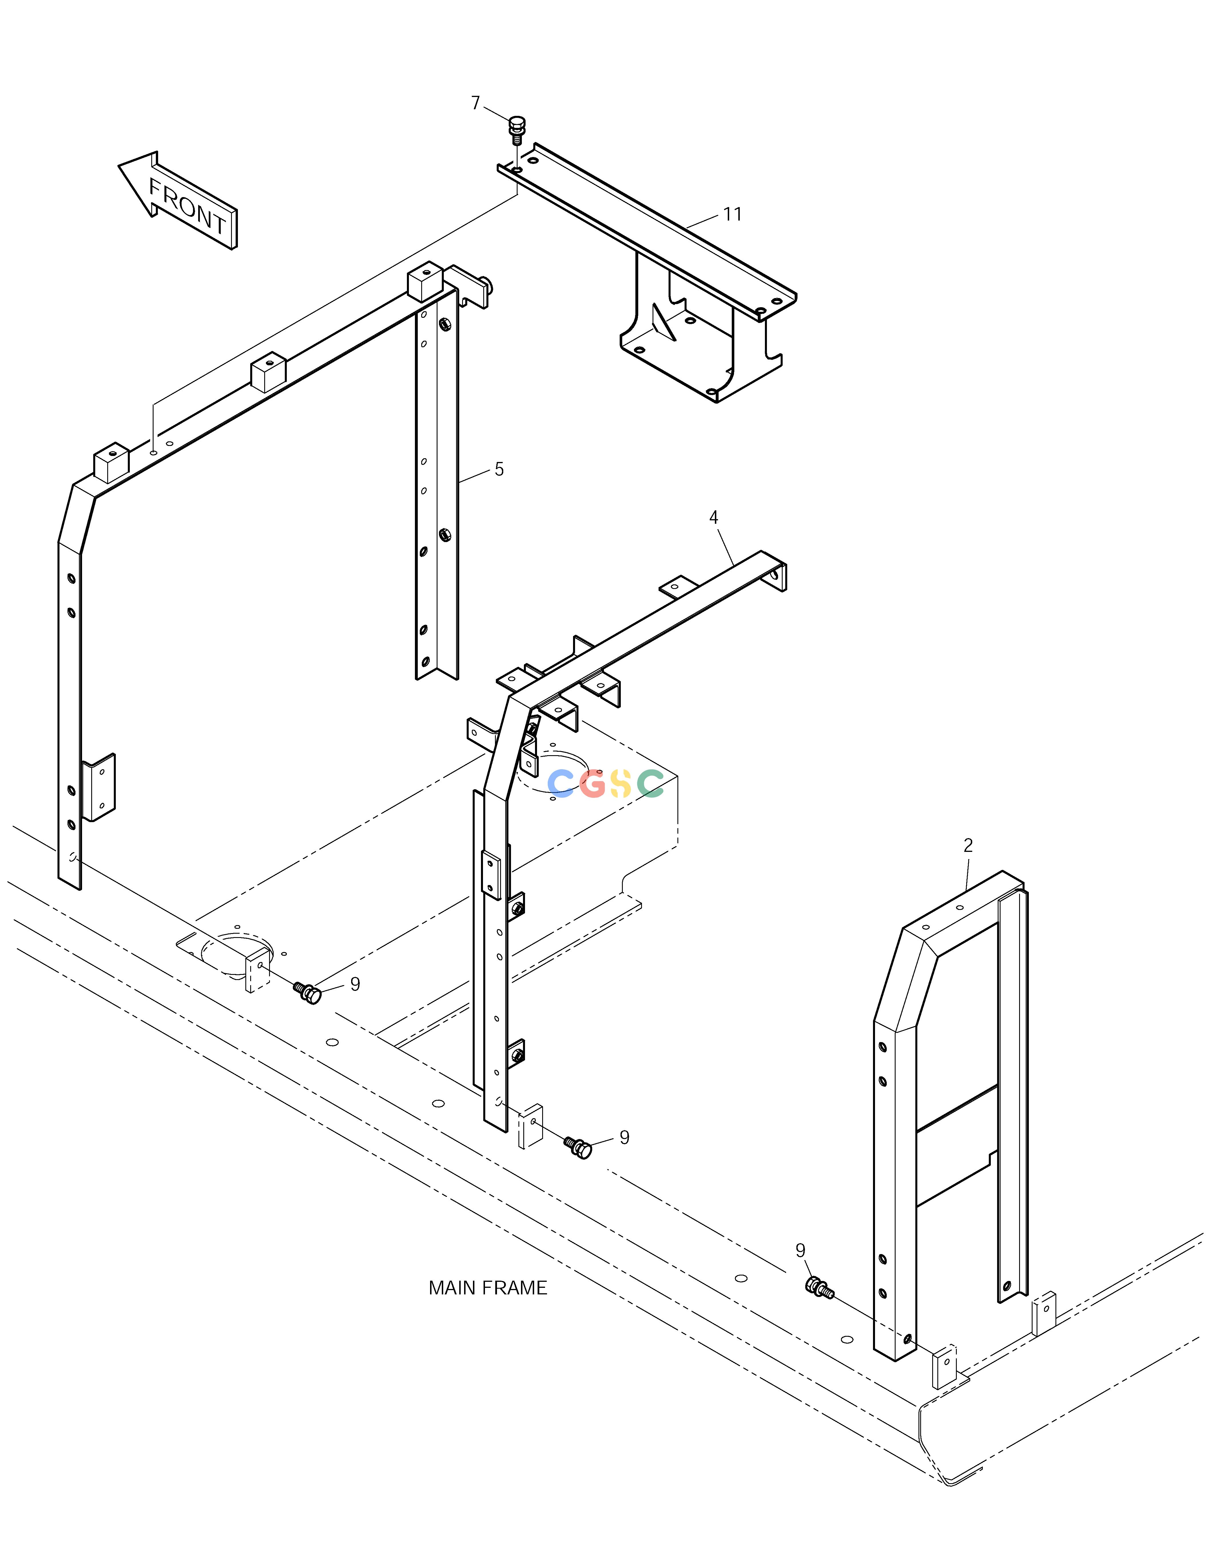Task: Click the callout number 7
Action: coord(475,103)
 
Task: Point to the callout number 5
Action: coord(499,469)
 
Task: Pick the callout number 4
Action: coord(713,517)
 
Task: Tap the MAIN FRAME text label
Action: coord(488,1288)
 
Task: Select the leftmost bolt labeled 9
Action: coord(308,993)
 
